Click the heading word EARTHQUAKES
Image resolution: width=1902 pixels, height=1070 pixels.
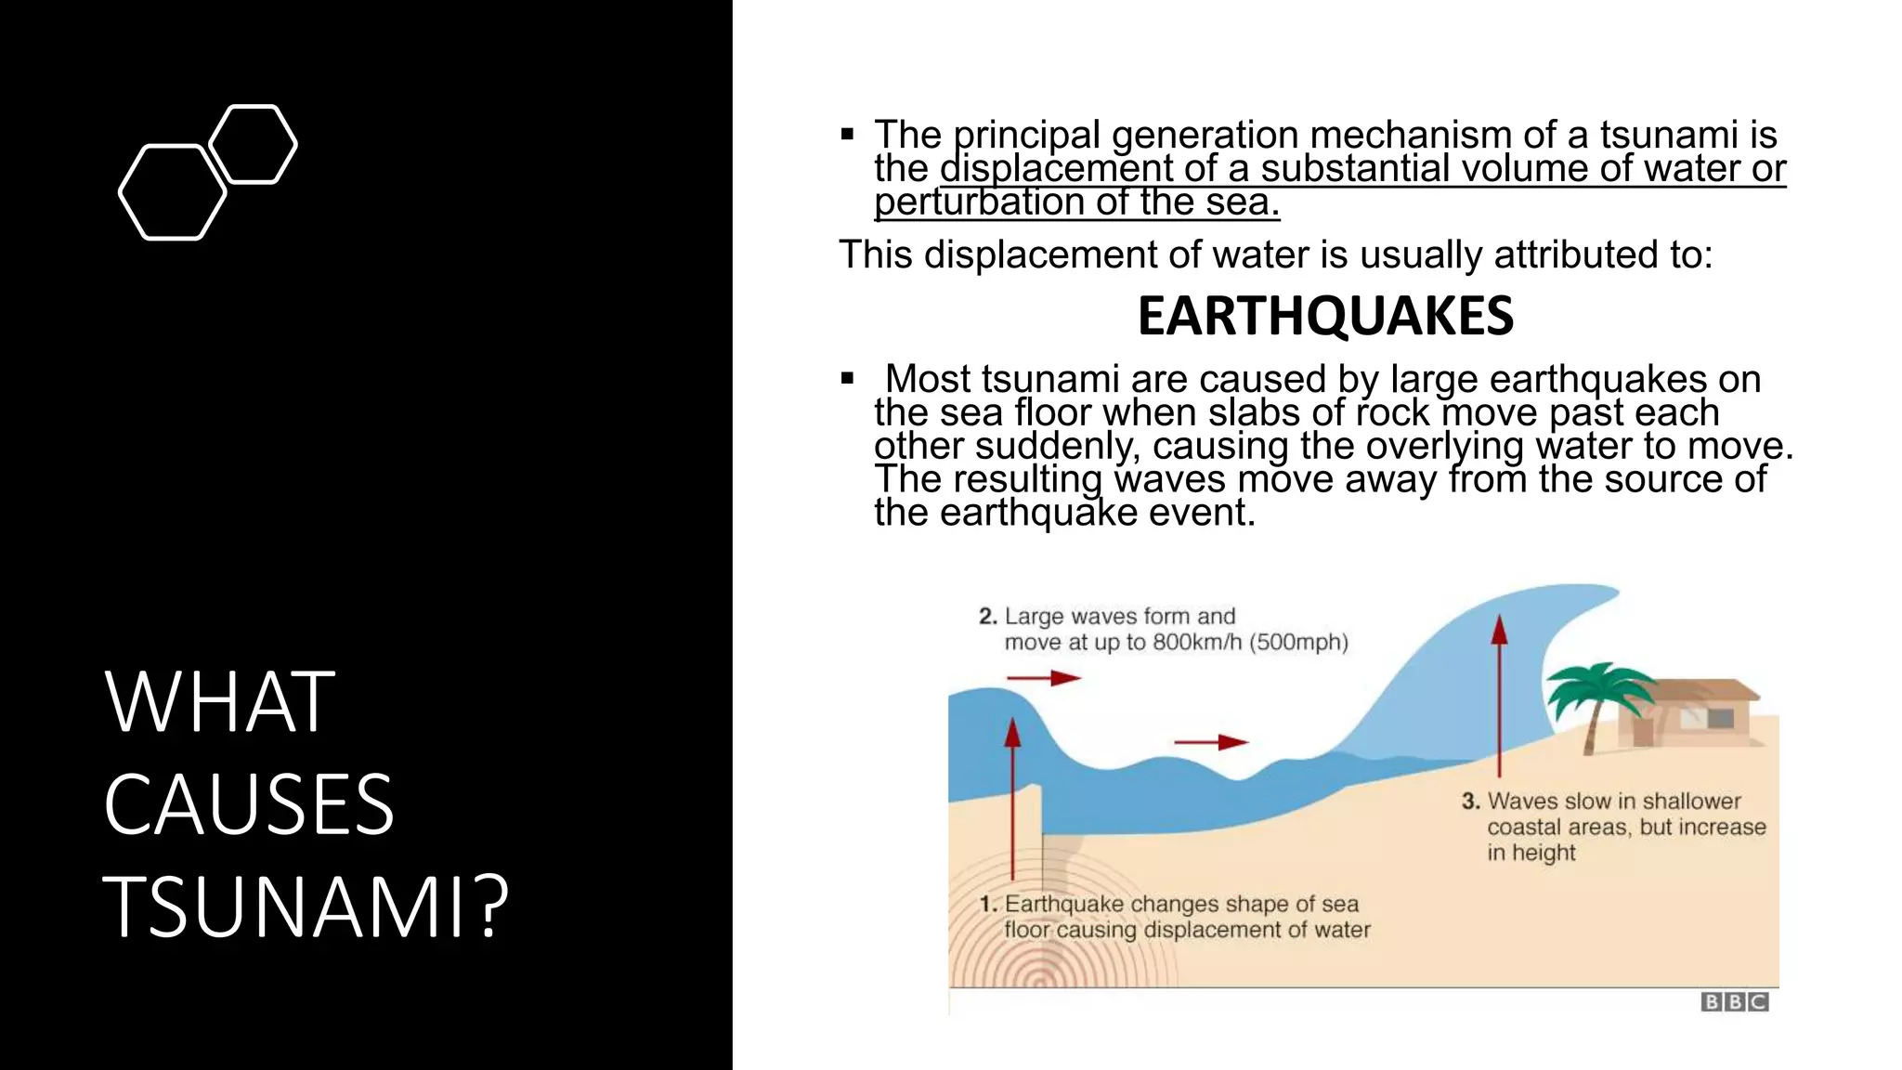(x=1325, y=316)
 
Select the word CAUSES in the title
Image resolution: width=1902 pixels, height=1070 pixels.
(x=249, y=803)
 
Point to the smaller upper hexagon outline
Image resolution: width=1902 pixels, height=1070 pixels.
(x=253, y=144)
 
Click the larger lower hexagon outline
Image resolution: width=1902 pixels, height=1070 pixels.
(x=173, y=192)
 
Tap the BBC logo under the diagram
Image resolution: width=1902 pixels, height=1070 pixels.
(x=1734, y=1002)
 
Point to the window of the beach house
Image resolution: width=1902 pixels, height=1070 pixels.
(x=1720, y=718)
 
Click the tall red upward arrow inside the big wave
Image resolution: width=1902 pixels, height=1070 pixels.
(x=1499, y=697)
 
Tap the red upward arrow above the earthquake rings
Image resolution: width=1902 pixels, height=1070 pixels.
(x=1012, y=799)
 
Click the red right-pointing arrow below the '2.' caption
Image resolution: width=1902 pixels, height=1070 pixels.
(x=1045, y=678)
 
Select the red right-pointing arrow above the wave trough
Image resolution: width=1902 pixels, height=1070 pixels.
(x=1212, y=742)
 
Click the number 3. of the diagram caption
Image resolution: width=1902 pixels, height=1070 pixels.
(x=1470, y=801)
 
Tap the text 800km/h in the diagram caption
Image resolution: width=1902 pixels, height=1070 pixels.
(x=1197, y=642)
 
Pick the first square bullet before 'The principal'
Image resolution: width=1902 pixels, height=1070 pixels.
(x=847, y=135)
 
